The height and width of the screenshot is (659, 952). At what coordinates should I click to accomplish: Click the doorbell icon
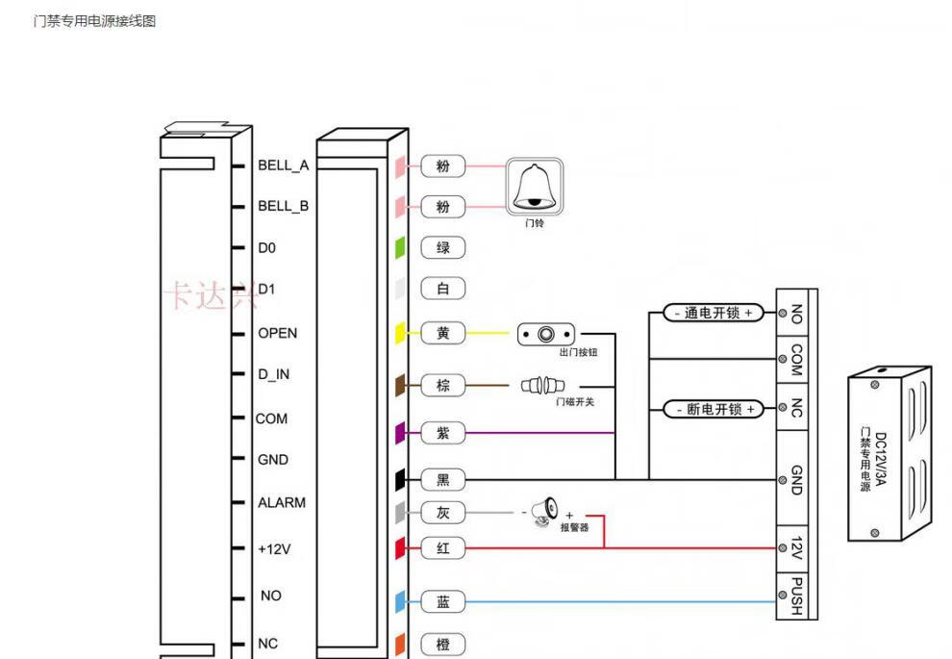(x=535, y=187)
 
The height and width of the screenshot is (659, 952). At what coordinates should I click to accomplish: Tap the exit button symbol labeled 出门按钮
(x=546, y=334)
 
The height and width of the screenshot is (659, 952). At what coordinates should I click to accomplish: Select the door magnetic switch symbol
(x=542, y=385)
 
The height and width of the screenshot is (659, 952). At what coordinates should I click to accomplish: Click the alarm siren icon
(x=544, y=512)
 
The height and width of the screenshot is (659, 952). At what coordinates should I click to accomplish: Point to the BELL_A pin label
(x=283, y=165)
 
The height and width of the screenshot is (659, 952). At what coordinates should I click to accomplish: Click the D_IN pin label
(x=273, y=374)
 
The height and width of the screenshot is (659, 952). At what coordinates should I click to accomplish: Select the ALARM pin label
(x=281, y=502)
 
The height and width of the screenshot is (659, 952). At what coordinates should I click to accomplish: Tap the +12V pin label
(x=274, y=549)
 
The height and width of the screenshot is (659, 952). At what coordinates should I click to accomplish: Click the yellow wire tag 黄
(x=443, y=333)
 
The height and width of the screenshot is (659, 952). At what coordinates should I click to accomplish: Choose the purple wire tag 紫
(x=443, y=433)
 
